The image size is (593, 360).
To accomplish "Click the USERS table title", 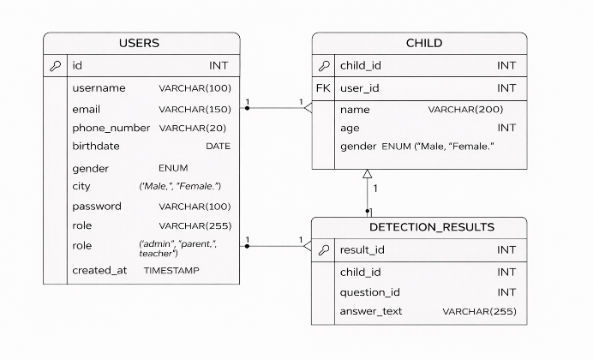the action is [139, 43].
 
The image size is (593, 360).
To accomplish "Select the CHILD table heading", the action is [424, 43].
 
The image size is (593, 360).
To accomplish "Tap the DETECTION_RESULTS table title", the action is [432, 227].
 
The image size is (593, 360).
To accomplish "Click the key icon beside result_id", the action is [324, 250].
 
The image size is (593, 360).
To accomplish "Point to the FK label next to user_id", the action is [323, 88].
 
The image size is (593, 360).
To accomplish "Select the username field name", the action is [99, 88].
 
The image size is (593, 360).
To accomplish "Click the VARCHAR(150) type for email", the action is [195, 110].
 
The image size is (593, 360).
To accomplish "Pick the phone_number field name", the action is [111, 129].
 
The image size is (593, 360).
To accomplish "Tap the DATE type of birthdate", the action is [219, 147].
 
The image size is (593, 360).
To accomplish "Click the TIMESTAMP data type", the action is [171, 270].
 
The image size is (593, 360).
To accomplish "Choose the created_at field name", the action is [99, 270].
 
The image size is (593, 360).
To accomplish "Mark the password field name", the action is [97, 207].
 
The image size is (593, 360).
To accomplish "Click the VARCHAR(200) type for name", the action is [465, 110].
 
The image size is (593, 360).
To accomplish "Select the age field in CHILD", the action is [350, 129].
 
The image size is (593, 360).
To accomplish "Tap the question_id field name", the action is [370, 292].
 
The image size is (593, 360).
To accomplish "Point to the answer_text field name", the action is [370, 311].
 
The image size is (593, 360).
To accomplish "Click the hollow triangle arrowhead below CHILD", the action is [368, 173].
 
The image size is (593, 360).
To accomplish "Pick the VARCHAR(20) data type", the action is [193, 129].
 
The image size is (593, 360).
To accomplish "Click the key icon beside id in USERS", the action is [55, 66].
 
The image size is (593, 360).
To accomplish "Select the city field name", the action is [81, 187].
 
